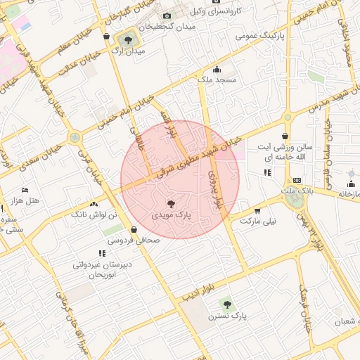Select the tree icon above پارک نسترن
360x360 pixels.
tap(226, 304)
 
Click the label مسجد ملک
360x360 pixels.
tap(217, 80)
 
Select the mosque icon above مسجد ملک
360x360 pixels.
tap(217, 69)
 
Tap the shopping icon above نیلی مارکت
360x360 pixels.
tap(257, 210)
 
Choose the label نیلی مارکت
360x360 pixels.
tap(258, 221)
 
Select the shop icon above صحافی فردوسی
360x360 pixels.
tap(134, 229)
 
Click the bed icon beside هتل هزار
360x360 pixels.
tap(25, 190)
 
